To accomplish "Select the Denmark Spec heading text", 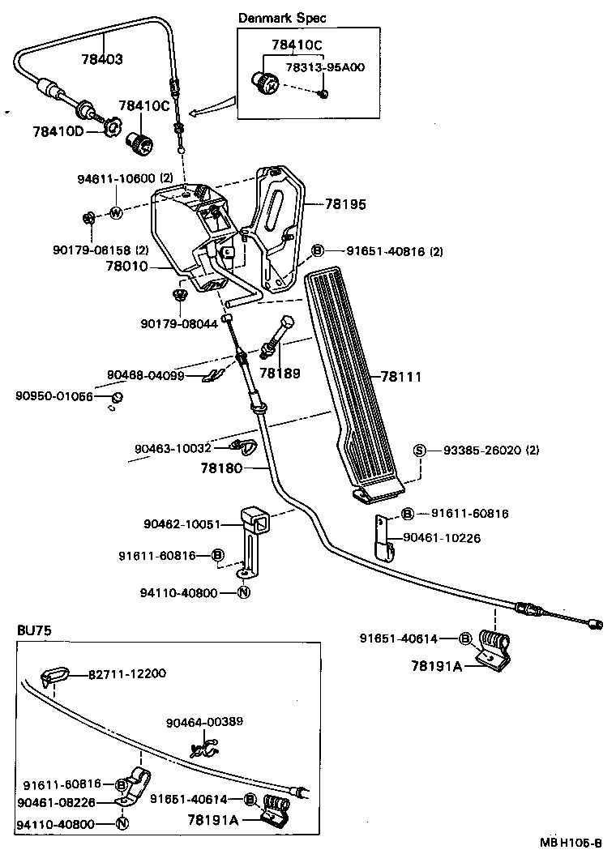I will (x=282, y=18).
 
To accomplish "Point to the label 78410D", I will (x=58, y=130).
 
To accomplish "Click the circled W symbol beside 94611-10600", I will (x=115, y=213).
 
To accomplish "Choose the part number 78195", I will (x=346, y=205).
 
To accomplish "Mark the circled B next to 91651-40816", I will (x=319, y=251).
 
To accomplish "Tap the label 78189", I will (x=280, y=374).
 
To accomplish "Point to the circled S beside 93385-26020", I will (x=420, y=451).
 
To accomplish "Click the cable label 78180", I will (x=220, y=468).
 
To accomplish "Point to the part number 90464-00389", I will (x=205, y=721).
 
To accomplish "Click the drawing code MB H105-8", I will (x=571, y=842).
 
